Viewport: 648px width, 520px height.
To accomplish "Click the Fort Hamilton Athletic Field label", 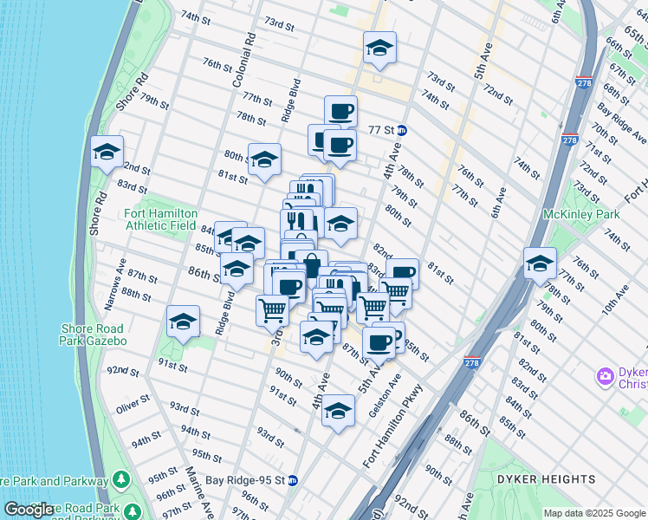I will point(161,220).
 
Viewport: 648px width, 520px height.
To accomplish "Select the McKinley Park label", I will point(580,214).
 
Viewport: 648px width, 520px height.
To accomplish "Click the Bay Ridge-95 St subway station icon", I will point(293,480).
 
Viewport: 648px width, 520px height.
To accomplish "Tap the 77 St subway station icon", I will point(403,130).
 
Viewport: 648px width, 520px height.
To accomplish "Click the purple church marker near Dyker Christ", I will point(605,377).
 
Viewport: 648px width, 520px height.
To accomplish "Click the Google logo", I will point(29,510).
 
